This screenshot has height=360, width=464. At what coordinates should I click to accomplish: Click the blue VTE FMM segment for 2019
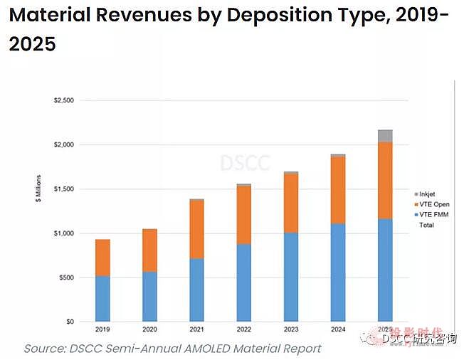(102, 299)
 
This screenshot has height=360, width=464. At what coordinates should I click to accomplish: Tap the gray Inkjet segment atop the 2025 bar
(385, 136)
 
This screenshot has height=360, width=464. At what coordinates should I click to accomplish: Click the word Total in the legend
(427, 225)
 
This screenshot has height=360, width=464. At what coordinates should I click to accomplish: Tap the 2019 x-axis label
(102, 330)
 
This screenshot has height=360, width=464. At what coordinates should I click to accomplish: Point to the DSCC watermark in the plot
(245, 162)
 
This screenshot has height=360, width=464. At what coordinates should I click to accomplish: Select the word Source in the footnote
(47, 349)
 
